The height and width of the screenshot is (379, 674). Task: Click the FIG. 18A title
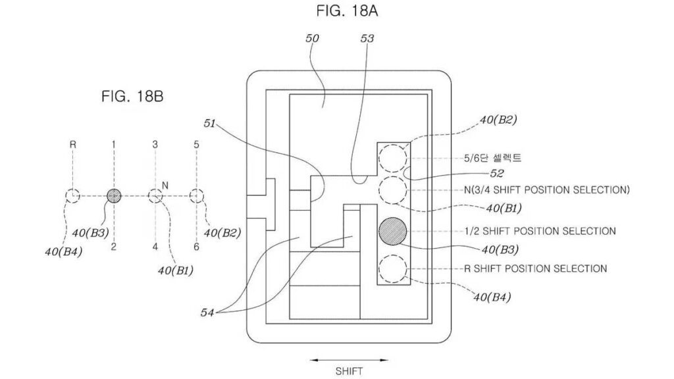click(347, 11)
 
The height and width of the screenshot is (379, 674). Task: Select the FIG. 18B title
click(132, 96)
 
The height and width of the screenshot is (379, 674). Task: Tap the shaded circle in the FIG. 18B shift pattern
click(114, 196)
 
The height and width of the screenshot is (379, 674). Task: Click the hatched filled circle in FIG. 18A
click(392, 231)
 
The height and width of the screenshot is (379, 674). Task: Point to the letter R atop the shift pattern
click(72, 144)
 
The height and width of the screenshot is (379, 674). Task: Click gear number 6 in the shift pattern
click(196, 247)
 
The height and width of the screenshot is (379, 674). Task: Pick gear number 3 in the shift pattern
click(155, 144)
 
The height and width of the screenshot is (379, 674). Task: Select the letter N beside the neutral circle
click(165, 185)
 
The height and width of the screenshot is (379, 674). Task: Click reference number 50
click(312, 38)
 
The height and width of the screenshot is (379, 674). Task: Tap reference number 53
click(367, 38)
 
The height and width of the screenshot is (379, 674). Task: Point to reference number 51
click(209, 124)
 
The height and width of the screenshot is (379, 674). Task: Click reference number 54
click(207, 313)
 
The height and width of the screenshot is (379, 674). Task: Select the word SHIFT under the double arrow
click(349, 371)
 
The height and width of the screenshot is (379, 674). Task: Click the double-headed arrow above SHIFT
click(349, 360)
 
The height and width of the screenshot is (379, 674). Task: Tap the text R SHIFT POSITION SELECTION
click(536, 268)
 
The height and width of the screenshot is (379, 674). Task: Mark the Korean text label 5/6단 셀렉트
click(492, 158)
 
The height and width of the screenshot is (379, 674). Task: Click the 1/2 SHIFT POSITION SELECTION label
click(540, 231)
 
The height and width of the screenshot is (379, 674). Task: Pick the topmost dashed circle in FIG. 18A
click(392, 158)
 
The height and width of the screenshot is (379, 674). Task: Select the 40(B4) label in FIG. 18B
click(63, 252)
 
